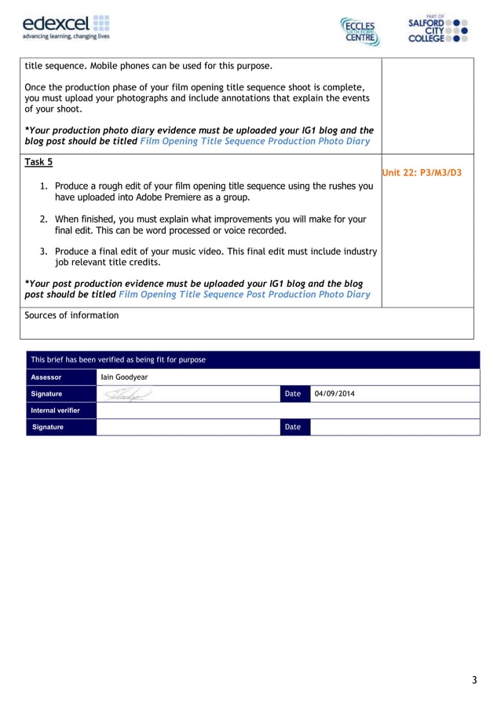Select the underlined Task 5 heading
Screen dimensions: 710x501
pyautogui.click(x=38, y=162)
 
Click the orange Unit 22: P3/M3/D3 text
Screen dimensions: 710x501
pyautogui.click(x=422, y=172)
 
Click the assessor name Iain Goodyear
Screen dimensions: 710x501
pyautogui.click(x=124, y=377)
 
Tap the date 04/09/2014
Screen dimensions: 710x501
pyautogui.click(x=335, y=393)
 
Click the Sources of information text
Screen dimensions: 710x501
pyautogui.click(x=71, y=315)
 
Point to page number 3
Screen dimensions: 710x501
pyautogui.click(x=474, y=680)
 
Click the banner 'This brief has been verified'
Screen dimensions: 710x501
pyautogui.click(x=118, y=359)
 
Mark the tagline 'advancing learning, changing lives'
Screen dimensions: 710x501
pyautogui.click(x=65, y=36)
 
